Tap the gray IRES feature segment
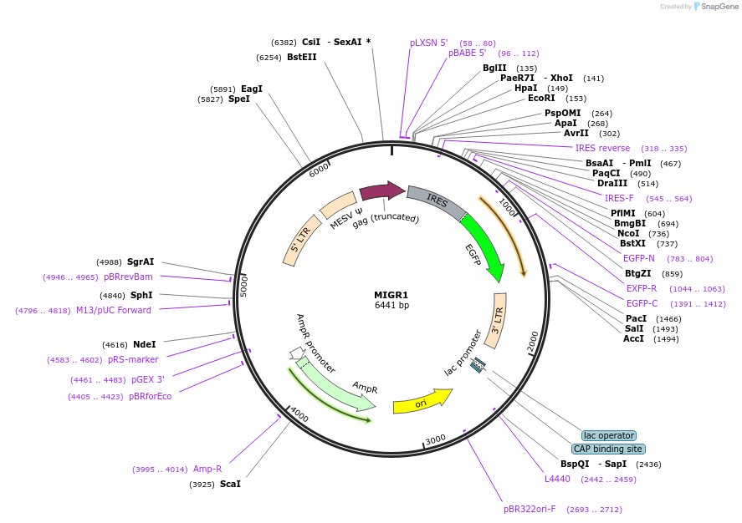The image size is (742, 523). pyautogui.click(x=435, y=199)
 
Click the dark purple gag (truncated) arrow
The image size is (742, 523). pyautogui.click(x=381, y=191)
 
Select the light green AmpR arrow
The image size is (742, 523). pyautogui.click(x=335, y=387)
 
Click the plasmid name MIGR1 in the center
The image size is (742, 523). pyautogui.click(x=391, y=294)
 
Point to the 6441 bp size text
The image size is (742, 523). pyautogui.click(x=391, y=306)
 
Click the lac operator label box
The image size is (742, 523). pyautogui.click(x=608, y=435)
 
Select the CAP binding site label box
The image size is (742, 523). pyautogui.click(x=608, y=449)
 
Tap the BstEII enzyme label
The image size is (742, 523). pyautogui.click(x=302, y=57)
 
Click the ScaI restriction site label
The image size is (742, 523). pyautogui.click(x=230, y=484)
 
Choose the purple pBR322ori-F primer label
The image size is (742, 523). pyautogui.click(x=530, y=509)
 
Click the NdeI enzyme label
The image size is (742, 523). pyautogui.click(x=145, y=344)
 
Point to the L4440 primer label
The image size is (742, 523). pyautogui.click(x=557, y=479)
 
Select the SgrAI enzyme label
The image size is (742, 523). pyautogui.click(x=141, y=261)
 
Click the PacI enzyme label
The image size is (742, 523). pyautogui.click(x=636, y=318)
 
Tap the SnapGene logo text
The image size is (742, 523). pyautogui.click(x=719, y=7)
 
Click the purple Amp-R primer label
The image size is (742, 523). pyautogui.click(x=207, y=469)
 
